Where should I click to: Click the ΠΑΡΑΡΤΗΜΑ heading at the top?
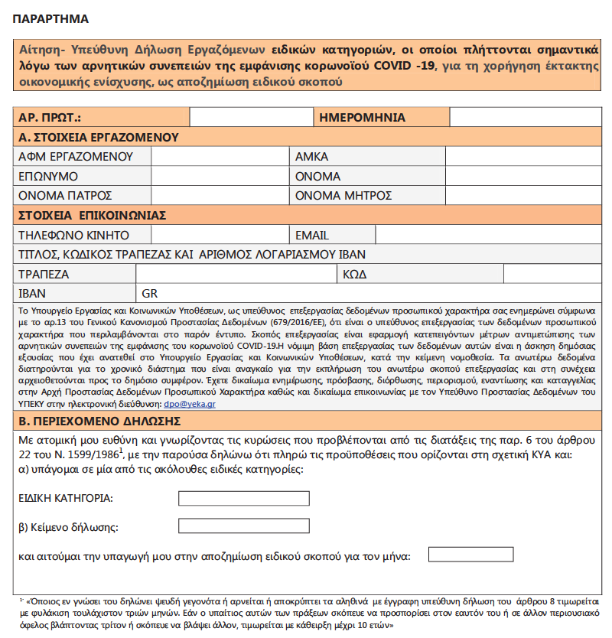click(x=50, y=18)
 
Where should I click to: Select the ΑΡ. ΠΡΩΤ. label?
click(x=50, y=118)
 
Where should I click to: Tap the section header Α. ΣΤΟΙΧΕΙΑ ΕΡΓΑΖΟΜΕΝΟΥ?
click(x=99, y=138)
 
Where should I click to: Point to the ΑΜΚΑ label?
click(x=312, y=157)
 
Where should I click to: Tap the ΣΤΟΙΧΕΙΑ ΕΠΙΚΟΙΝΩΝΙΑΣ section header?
click(x=93, y=215)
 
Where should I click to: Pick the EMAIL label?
click(x=312, y=235)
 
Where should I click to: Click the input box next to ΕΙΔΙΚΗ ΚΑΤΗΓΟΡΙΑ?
click(x=243, y=499)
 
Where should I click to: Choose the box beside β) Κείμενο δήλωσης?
click(x=243, y=526)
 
